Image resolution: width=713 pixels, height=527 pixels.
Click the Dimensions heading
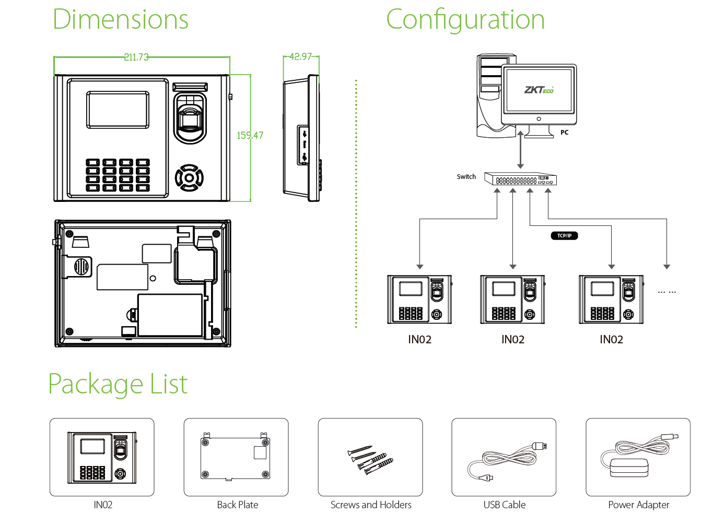pyautogui.click(x=120, y=20)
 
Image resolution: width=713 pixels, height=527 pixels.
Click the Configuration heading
pyautogui.click(x=465, y=20)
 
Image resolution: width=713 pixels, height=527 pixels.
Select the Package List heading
pyautogui.click(x=118, y=384)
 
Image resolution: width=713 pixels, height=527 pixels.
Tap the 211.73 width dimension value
pyautogui.click(x=136, y=57)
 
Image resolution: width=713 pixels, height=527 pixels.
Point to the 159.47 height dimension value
pyautogui.click(x=250, y=136)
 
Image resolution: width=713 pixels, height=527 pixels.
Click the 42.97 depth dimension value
pyautogui.click(x=300, y=57)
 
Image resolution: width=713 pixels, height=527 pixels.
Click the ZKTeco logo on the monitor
pyautogui.click(x=539, y=90)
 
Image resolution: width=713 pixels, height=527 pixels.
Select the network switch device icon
pyautogui.click(x=520, y=179)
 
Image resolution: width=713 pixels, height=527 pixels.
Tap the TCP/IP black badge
pyautogui.click(x=564, y=236)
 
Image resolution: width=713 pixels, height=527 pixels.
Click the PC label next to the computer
pyautogui.click(x=564, y=133)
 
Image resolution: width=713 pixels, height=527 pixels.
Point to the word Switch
pyautogui.click(x=466, y=177)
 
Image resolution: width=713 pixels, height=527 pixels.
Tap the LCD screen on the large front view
pyautogui.click(x=118, y=110)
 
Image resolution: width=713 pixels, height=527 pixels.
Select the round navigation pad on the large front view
pyautogui.click(x=189, y=178)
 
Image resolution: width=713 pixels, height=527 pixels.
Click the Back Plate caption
pyautogui.click(x=237, y=505)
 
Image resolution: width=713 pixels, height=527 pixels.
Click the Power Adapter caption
pyautogui.click(x=638, y=505)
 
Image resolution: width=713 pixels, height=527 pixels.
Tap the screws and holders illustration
pyautogui.click(x=370, y=460)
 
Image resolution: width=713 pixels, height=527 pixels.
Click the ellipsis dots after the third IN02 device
pyautogui.click(x=667, y=292)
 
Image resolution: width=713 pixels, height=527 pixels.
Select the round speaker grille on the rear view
pyautogui.click(x=81, y=267)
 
